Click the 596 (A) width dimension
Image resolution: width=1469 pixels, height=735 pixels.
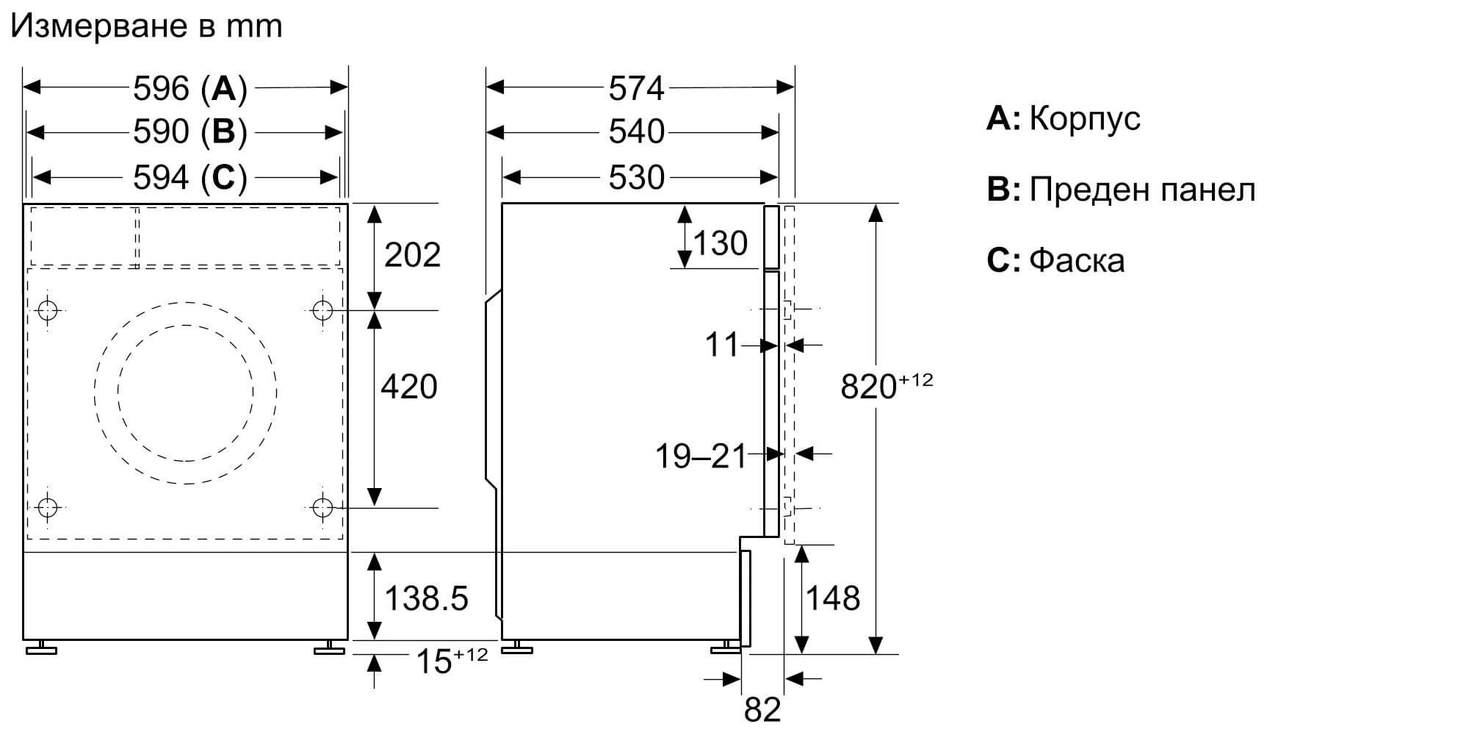(190, 89)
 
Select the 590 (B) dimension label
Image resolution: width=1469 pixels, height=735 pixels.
(190, 133)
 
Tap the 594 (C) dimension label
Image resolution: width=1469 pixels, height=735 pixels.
(190, 178)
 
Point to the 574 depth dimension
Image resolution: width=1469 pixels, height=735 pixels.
(636, 89)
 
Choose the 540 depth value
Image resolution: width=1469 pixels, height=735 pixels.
(636, 133)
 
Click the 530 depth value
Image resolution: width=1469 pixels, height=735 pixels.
(636, 178)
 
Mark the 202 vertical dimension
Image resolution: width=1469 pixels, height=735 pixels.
(412, 255)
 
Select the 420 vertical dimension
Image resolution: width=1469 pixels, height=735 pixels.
(408, 387)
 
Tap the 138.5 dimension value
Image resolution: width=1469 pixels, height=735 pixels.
(426, 598)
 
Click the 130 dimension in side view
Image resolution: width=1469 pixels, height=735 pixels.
(720, 243)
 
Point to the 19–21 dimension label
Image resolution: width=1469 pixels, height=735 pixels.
(700, 456)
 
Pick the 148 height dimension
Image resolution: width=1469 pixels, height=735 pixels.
(833, 598)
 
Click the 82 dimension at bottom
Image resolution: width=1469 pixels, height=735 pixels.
(762, 709)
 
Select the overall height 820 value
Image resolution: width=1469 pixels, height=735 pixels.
(869, 387)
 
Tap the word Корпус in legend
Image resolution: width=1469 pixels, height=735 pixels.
(1084, 119)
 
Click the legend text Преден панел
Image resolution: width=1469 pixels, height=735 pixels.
(1142, 190)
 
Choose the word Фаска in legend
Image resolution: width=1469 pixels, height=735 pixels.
(1077, 261)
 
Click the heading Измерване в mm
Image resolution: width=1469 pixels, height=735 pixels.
(146, 26)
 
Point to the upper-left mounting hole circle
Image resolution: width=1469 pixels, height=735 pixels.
(48, 311)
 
